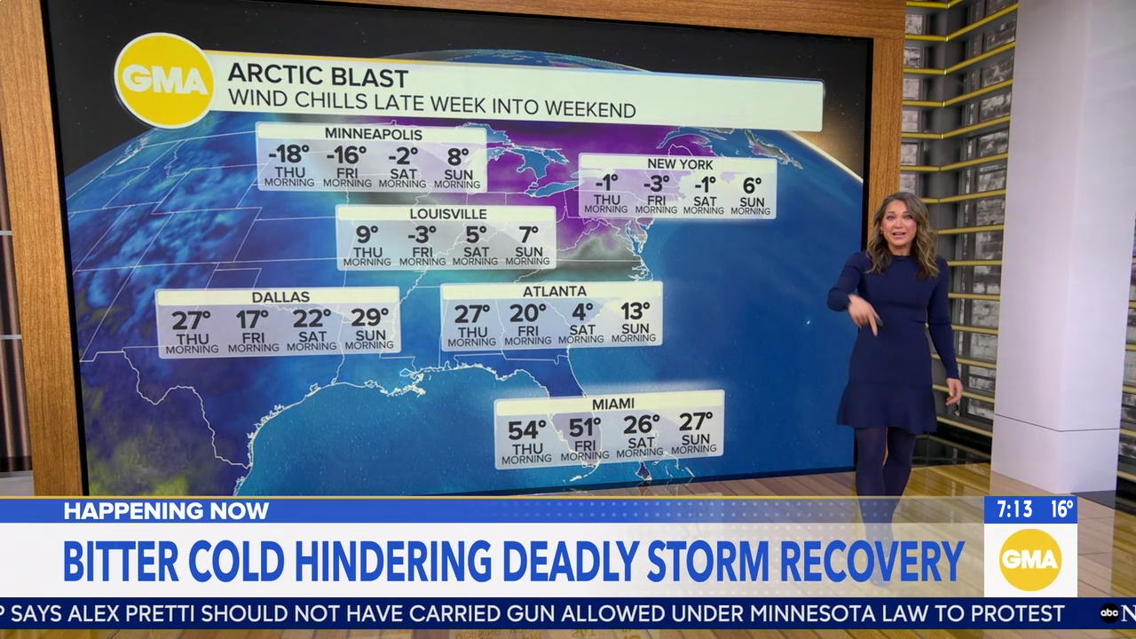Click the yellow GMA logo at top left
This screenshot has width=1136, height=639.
point(164,81)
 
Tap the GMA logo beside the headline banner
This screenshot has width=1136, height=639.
point(1029,560)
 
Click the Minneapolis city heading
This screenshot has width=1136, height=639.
point(373,134)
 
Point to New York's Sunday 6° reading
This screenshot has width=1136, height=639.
point(752,185)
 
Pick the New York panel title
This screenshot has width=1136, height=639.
point(680,164)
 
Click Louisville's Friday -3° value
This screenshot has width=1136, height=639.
point(422,234)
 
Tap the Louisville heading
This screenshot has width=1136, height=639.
point(448,214)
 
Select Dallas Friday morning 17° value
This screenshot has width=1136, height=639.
point(252,319)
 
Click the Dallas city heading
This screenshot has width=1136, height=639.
point(280,296)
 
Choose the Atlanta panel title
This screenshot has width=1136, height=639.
point(554,291)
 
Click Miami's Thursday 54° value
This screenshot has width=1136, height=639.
point(526,430)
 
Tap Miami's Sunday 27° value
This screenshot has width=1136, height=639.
point(696,422)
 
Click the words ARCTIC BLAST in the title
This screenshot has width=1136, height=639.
point(318,77)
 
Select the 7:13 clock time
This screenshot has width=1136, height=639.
point(1014,509)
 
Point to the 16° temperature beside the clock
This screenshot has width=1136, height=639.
point(1061,509)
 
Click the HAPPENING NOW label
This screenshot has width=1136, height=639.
point(166,510)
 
